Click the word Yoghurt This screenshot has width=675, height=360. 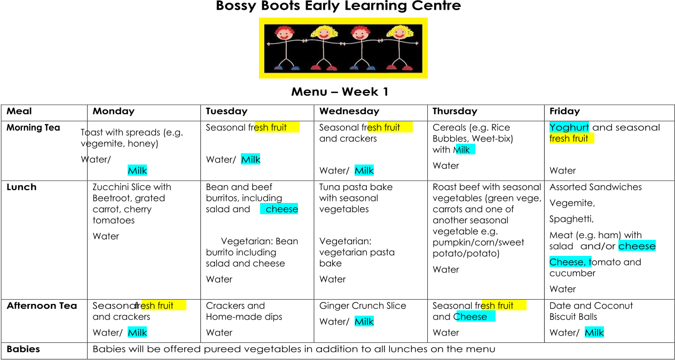[x=569, y=127]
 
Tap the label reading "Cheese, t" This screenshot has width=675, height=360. [x=570, y=262]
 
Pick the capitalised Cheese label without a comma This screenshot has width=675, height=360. [x=475, y=317]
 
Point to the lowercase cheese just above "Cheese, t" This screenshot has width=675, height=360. [x=637, y=246]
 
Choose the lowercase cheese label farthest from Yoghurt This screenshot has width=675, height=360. [x=279, y=209]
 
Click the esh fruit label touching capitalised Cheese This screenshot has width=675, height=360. [x=504, y=306]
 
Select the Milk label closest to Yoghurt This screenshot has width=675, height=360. [x=465, y=150]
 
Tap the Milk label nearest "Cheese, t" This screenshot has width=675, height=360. [x=594, y=333]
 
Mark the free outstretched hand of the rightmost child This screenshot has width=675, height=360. [x=417, y=43]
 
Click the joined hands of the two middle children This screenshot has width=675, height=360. [x=343, y=41]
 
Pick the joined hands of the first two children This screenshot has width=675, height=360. [x=304, y=41]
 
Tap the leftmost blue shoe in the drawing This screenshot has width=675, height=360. [x=278, y=68]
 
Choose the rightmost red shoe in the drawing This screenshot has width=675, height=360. [x=408, y=68]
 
